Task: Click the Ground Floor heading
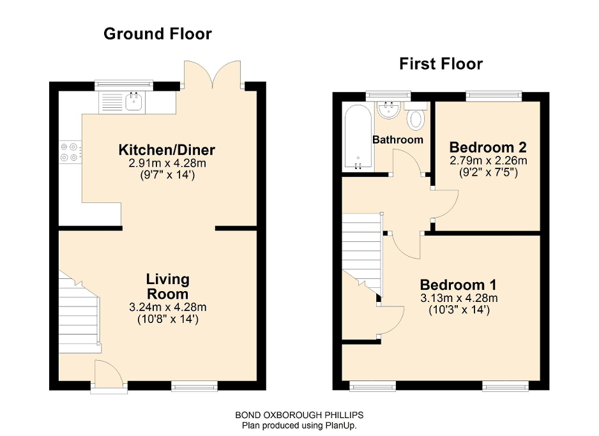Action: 157,34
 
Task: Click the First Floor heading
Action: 441,64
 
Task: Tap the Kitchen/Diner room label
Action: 167,151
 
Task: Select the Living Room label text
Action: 167,287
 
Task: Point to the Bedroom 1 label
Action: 458,285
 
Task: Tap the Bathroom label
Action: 398,140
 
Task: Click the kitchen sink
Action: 134,101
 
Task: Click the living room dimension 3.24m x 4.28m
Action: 167,307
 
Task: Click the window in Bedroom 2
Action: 494,96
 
